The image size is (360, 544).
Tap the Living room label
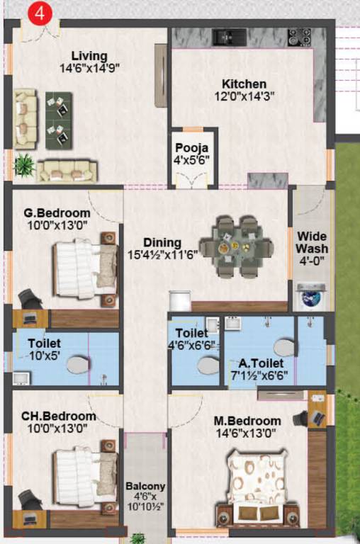[x=89, y=56]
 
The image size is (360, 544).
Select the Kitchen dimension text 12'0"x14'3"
[x=243, y=97]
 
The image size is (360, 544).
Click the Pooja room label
[x=192, y=148]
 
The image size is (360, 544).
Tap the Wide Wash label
[x=312, y=242]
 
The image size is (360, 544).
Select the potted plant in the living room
[x=25, y=164]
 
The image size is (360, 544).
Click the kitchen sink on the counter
[x=229, y=35]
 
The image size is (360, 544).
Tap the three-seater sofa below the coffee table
[x=67, y=170]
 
